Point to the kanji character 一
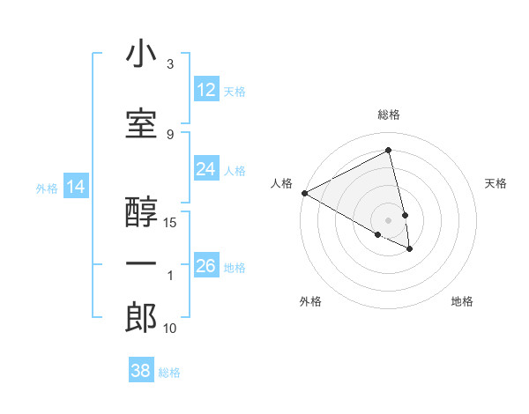click(141, 263)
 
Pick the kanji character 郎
click(141, 317)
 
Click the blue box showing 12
click(206, 90)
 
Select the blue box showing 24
click(206, 169)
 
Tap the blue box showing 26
click(206, 266)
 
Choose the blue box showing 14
click(76, 187)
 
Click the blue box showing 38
click(141, 371)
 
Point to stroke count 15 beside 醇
click(171, 222)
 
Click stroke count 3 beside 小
click(170, 64)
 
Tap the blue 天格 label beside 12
click(235, 91)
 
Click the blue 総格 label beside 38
click(169, 373)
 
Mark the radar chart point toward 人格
click(304, 193)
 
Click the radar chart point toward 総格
click(388, 151)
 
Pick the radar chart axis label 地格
click(462, 302)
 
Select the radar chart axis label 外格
click(310, 302)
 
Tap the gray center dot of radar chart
click(388, 219)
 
